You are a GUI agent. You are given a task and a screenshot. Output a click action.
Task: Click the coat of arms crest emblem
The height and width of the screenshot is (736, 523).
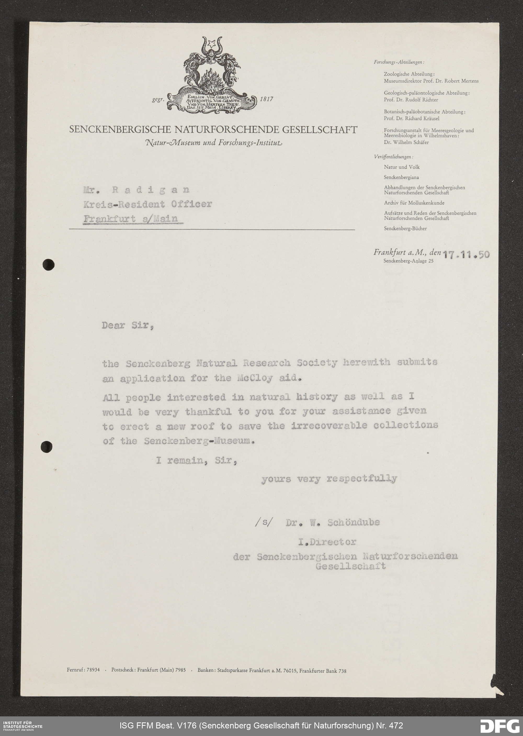pos(212,74)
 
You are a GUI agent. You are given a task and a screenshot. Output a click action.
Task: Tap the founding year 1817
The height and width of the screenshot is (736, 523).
pos(266,99)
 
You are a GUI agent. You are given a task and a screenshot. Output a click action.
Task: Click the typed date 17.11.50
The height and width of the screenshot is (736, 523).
pos(466,255)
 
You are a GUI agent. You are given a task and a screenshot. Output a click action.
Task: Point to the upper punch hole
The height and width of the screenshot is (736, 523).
pos(48,265)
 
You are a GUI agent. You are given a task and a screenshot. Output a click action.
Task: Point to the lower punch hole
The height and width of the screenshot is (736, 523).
pos(47,447)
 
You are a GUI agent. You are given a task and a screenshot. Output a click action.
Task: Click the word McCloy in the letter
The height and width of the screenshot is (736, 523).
pos(255,378)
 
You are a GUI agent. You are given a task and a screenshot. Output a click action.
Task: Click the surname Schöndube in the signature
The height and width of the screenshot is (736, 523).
pos(353,522)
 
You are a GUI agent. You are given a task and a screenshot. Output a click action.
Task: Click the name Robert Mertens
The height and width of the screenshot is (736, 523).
pos(462,81)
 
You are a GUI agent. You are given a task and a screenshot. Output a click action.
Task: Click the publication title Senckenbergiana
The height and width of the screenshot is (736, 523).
pos(401,177)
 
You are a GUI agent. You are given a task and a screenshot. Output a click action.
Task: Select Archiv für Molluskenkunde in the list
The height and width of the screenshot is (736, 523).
pos(414,203)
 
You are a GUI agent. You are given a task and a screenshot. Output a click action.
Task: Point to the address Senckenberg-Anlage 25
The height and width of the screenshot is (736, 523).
pos(408,261)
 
